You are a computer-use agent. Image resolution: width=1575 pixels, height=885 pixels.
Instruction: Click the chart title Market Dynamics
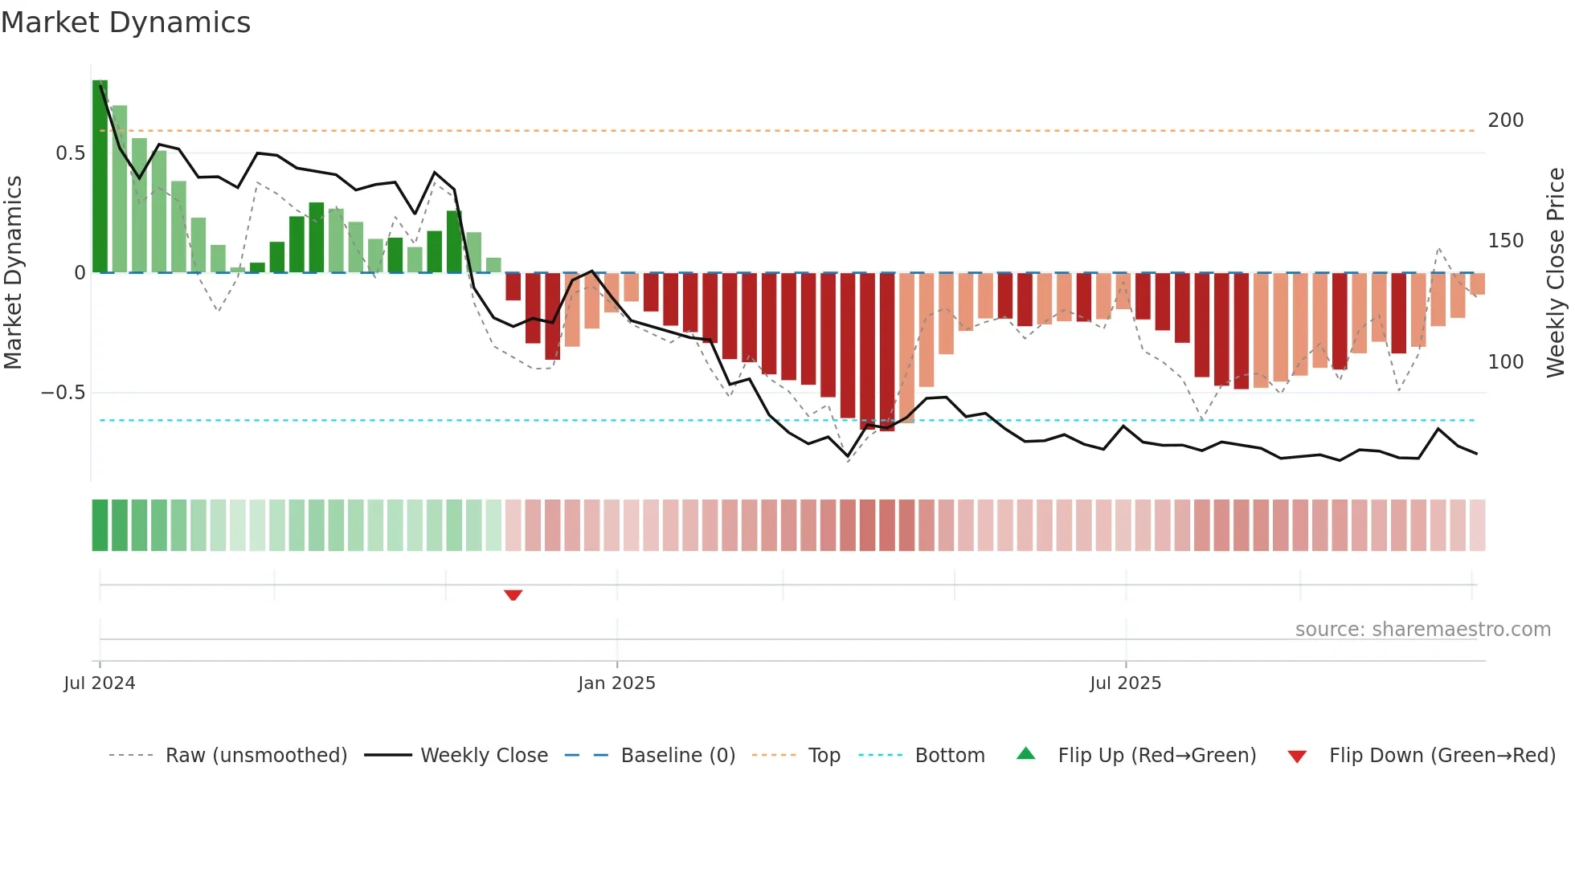coord(126,22)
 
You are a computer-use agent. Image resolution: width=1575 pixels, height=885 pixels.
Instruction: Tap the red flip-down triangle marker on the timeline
coord(513,595)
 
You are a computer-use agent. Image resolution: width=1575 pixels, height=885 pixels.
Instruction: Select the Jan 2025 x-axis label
coord(616,683)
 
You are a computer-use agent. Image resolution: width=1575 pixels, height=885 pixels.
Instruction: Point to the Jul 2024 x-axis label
coord(100,683)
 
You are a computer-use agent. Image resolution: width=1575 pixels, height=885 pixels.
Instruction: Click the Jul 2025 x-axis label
coord(1125,683)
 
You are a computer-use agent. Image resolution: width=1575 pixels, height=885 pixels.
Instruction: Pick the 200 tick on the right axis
coord(1505,120)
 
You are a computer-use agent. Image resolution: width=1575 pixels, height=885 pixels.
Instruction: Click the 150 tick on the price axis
coord(1505,241)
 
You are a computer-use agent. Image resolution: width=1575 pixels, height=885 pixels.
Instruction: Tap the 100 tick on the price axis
coord(1505,362)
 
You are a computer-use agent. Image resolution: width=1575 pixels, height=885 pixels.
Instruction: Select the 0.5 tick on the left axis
coord(71,153)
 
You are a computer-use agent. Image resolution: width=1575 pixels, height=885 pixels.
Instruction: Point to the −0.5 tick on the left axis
coord(63,393)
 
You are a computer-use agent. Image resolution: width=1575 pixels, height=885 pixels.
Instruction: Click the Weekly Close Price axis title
coord(1556,273)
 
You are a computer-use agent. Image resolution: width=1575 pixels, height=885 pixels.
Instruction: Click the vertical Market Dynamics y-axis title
coord(14,273)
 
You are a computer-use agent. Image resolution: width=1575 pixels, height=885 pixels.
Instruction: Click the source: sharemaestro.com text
coord(1422,630)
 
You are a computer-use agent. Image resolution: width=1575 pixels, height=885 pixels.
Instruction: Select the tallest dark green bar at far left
coord(100,177)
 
